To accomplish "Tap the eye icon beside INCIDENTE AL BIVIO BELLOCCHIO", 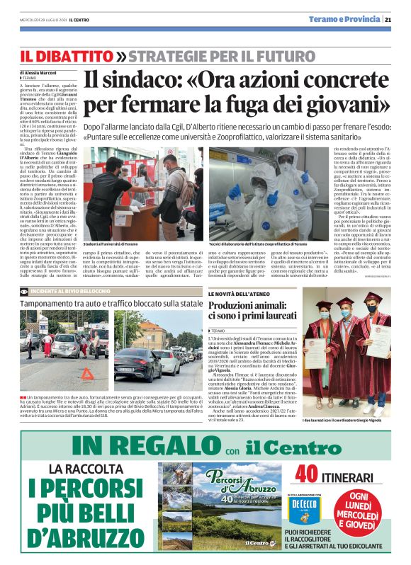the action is coord(25,291).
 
